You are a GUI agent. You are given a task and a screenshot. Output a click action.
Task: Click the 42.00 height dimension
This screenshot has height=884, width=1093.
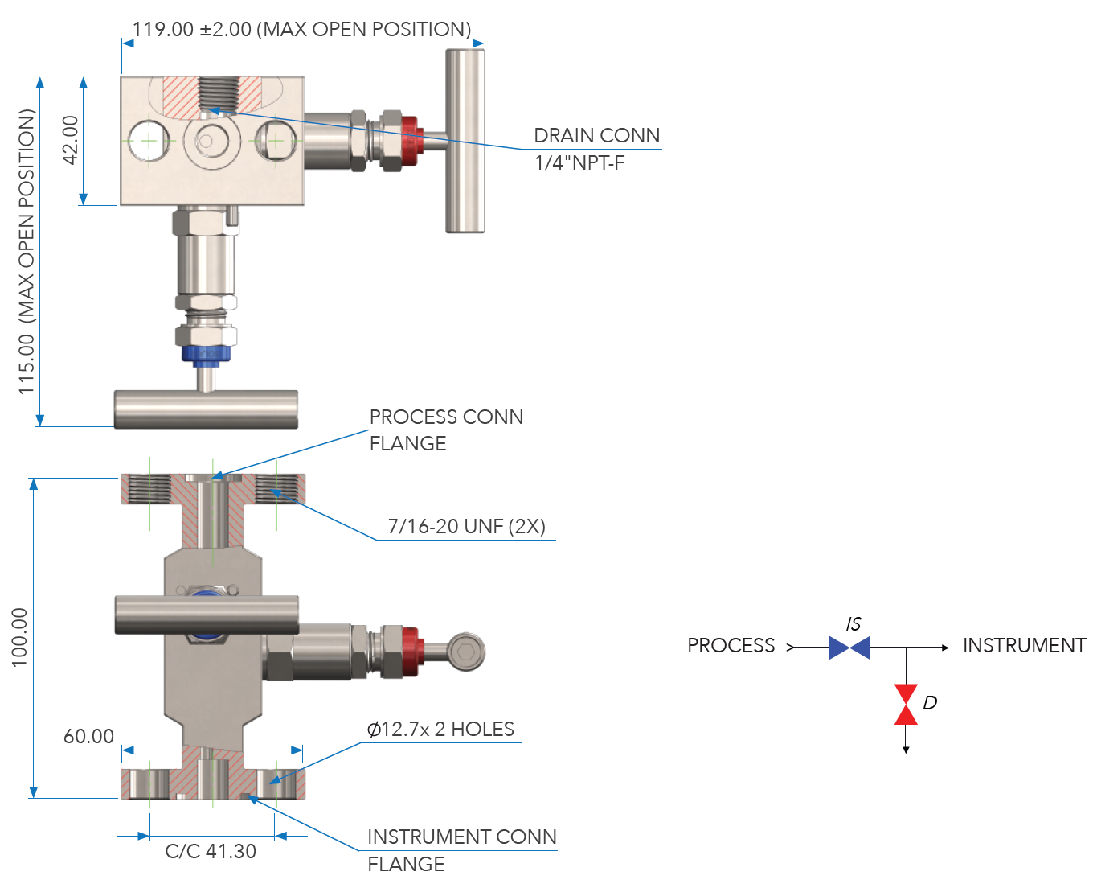click(71, 140)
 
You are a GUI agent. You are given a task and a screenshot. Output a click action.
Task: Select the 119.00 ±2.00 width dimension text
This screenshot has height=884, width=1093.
click(301, 30)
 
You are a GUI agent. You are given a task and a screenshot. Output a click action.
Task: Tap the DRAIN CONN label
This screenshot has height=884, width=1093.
click(596, 135)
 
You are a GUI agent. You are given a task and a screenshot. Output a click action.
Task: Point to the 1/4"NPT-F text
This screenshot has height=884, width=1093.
click(579, 162)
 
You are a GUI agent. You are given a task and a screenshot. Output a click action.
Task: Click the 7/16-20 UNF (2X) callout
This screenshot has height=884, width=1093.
click(466, 527)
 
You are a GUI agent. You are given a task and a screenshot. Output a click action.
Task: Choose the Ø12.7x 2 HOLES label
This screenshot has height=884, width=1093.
click(440, 730)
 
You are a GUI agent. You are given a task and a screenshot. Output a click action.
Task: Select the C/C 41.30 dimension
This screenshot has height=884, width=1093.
click(211, 851)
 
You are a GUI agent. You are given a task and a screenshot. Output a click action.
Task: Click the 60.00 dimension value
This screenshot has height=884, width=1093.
click(88, 736)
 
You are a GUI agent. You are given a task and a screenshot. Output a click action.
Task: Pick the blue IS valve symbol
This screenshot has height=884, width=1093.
click(849, 648)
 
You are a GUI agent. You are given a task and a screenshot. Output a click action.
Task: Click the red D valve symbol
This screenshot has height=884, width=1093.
click(906, 705)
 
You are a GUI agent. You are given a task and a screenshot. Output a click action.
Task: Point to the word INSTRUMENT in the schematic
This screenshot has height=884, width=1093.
click(1024, 646)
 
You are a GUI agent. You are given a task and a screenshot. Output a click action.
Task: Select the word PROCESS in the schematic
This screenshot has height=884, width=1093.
click(731, 646)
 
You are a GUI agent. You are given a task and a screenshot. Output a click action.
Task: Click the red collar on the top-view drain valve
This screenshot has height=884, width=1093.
click(410, 138)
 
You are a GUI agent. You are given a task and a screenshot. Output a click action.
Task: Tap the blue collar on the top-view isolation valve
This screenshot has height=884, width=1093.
click(207, 353)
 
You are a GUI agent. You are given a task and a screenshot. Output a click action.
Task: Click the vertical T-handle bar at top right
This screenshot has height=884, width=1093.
click(465, 141)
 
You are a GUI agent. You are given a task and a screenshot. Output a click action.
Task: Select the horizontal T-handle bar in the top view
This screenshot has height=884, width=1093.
click(206, 409)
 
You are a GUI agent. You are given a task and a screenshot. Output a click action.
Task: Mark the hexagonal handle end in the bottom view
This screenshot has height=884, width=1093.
click(465, 652)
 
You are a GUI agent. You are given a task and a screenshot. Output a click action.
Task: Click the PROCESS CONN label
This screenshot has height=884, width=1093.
click(446, 417)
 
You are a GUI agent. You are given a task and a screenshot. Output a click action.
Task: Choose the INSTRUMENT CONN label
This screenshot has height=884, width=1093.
click(461, 837)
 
